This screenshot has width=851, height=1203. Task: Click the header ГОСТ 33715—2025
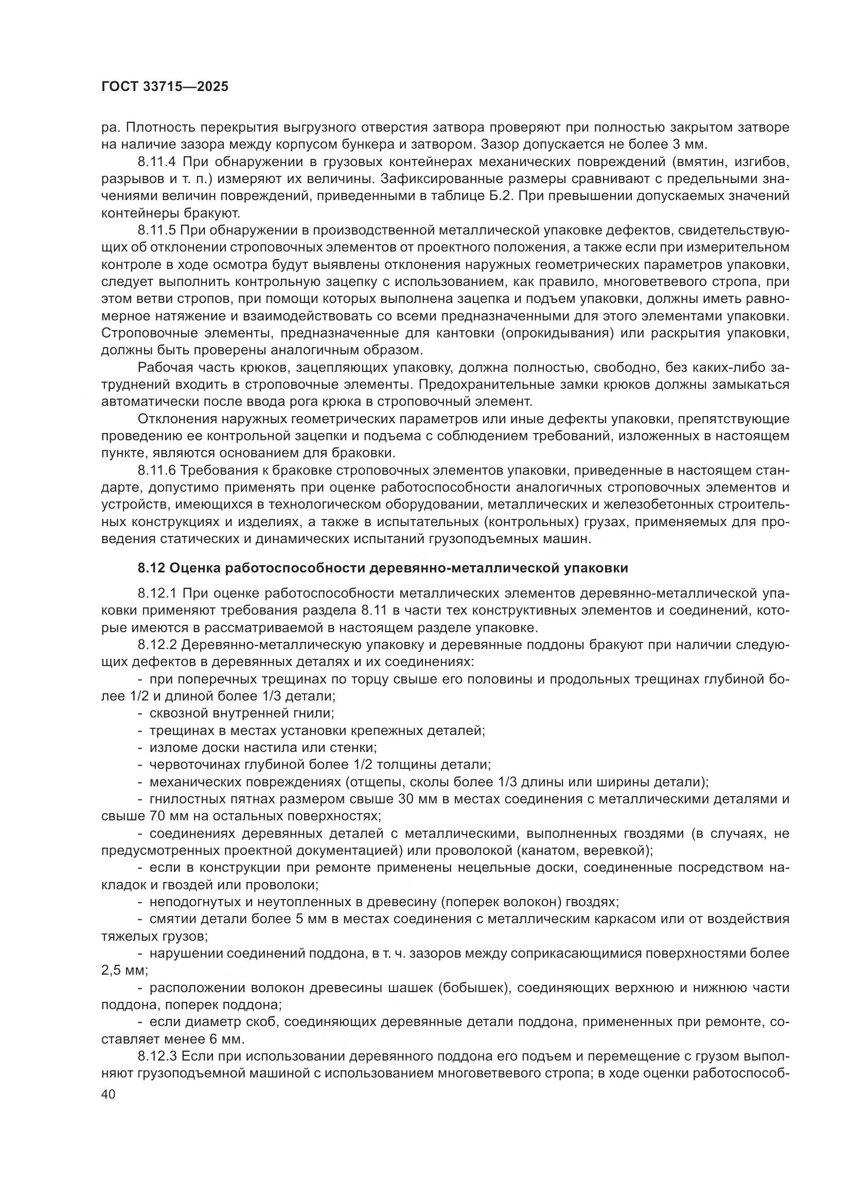click(x=165, y=86)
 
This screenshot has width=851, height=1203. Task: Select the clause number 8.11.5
click(x=157, y=230)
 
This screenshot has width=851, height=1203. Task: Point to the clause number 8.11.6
click(x=157, y=470)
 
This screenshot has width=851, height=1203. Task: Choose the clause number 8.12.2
click(x=157, y=644)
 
